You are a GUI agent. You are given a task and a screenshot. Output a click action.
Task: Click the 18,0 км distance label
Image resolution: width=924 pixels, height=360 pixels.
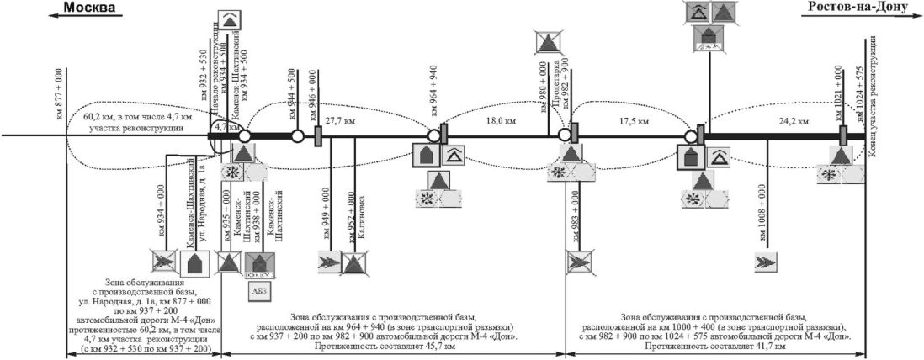[x=500, y=121]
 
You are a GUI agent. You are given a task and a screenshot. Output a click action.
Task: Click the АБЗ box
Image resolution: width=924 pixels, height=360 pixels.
[x=258, y=291]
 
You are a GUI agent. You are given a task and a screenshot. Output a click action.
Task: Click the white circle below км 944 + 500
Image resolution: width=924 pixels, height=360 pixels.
[x=297, y=136]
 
